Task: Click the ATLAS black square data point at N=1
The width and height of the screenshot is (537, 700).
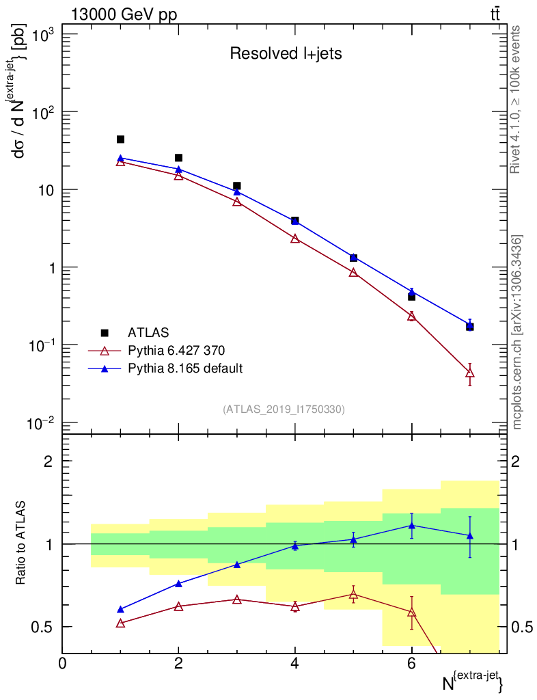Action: click(120, 139)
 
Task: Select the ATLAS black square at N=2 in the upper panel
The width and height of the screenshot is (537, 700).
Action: click(178, 158)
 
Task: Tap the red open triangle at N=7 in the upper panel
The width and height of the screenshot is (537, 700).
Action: click(469, 373)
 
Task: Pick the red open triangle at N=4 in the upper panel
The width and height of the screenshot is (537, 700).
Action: click(295, 239)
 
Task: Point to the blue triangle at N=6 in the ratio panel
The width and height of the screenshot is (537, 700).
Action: click(411, 525)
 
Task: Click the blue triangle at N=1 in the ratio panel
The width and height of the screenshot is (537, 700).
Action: click(120, 609)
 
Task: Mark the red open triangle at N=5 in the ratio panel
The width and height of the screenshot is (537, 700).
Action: click(353, 594)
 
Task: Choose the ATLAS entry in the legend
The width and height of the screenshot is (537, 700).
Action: click(146, 333)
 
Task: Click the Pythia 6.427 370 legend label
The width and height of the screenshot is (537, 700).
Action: click(176, 351)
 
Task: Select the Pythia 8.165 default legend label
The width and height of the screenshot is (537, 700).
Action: click(185, 368)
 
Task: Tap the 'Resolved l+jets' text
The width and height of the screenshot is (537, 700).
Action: click(286, 54)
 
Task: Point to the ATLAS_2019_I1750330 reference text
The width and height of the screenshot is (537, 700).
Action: click(284, 409)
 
